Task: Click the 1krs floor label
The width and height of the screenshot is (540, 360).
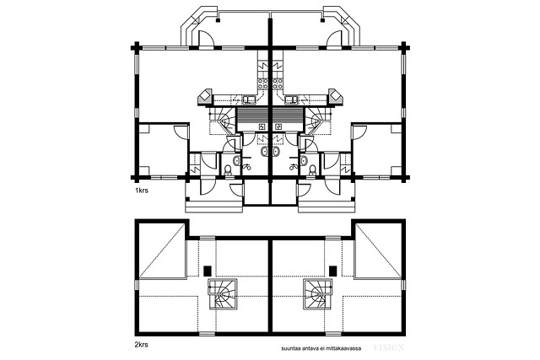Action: pos(141,191)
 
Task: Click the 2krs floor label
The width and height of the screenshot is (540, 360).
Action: pos(141,344)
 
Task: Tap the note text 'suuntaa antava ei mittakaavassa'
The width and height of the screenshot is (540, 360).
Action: pos(321,349)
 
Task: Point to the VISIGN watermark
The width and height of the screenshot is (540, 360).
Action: pos(388,347)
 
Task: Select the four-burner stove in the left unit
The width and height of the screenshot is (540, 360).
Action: pos(262,84)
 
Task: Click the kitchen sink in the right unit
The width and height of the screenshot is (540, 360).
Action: pos(291,100)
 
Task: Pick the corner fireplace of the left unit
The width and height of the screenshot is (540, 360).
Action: pos(205,98)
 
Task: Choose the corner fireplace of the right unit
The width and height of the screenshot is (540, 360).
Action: pos(336,98)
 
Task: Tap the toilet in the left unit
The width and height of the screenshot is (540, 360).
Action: pos(228,170)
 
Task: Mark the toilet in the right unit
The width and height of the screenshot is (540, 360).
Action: pos(312,170)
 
